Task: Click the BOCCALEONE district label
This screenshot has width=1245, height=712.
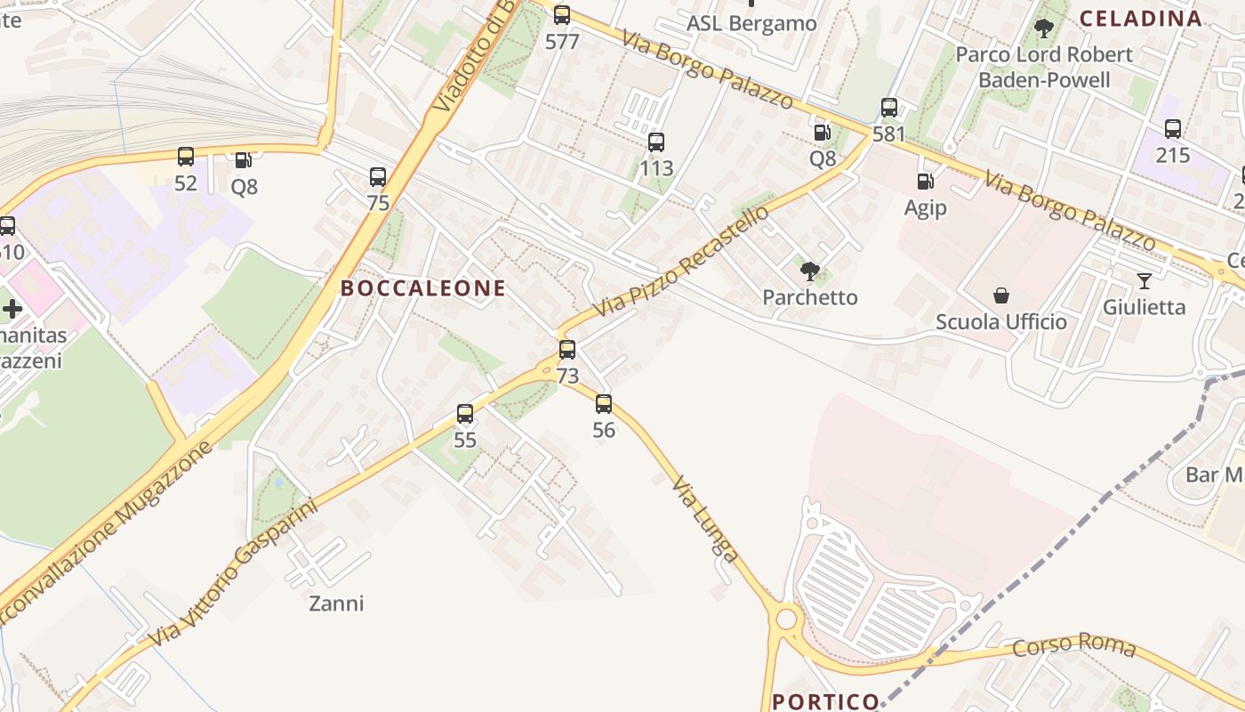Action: click(423, 288)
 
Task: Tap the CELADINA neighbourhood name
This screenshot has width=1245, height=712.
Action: click(1140, 18)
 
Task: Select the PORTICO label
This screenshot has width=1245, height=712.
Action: click(826, 701)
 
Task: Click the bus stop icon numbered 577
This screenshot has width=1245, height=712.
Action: click(562, 15)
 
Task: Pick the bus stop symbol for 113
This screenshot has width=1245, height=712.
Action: click(656, 142)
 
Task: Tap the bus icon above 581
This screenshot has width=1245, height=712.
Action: click(889, 109)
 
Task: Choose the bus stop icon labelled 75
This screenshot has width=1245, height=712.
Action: click(378, 177)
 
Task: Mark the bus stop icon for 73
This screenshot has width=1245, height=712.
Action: click(567, 350)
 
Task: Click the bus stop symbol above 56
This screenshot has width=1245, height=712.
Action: click(604, 405)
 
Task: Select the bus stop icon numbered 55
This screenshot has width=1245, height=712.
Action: click(465, 414)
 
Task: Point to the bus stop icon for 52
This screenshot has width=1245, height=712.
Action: click(186, 158)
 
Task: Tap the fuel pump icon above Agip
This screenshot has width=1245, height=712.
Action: click(926, 182)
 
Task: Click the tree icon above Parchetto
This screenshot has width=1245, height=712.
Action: click(810, 271)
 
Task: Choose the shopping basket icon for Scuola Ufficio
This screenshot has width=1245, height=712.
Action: click(1001, 295)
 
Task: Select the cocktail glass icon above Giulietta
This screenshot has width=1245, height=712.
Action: click(1145, 281)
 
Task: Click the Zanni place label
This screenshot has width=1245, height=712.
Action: click(336, 603)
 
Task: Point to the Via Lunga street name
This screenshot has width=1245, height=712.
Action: click(705, 519)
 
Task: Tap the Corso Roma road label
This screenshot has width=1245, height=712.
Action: click(1074, 644)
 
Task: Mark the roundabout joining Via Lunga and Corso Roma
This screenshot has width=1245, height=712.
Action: click(787, 618)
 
